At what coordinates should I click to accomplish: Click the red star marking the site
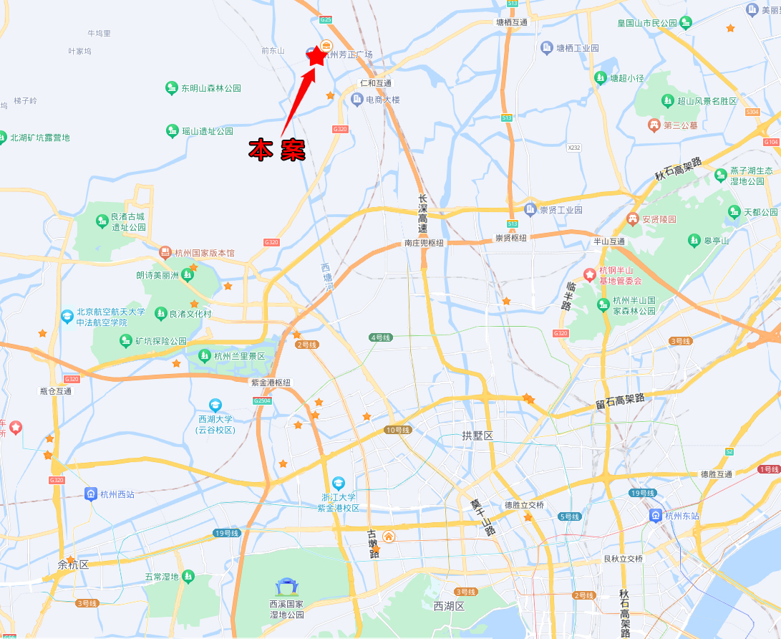tap(316, 55)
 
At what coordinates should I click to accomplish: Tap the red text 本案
tap(277, 150)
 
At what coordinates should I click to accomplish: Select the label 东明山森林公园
tap(210, 88)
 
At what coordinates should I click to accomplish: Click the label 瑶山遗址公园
tap(208, 131)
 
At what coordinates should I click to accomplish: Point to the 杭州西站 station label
tap(117, 494)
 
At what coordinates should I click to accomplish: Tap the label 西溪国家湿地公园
tap(286, 610)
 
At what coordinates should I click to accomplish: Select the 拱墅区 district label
tap(477, 436)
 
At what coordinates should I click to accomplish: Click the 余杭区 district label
tap(73, 564)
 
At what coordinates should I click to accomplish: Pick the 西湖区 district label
tap(449, 606)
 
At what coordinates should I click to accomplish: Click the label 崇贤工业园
tap(561, 210)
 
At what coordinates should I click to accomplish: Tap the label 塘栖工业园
tap(578, 48)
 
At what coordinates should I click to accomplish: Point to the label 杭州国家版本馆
tap(205, 253)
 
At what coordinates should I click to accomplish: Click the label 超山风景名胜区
tap(707, 101)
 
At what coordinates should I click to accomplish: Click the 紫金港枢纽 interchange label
tap(271, 383)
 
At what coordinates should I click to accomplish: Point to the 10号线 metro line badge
tap(397, 430)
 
